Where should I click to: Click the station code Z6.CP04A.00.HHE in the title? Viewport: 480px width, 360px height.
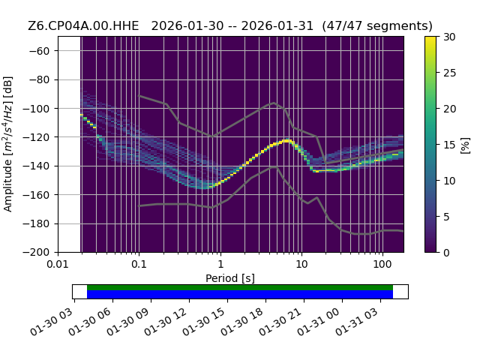[83, 26]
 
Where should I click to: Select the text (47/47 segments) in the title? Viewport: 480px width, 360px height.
[377, 26]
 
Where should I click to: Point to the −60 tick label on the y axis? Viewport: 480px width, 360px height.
[39, 51]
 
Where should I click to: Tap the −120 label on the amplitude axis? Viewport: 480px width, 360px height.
[36, 137]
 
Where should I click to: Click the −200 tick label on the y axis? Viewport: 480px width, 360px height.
[36, 253]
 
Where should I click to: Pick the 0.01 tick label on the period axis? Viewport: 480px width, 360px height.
[58, 264]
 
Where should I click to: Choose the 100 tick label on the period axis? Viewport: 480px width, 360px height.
[382, 264]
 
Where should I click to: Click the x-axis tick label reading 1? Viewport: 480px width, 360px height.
[220, 264]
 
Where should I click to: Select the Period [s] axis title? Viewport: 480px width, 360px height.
[230, 278]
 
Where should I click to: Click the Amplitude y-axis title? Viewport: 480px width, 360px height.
[7, 144]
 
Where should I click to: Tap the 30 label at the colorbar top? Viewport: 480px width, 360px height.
[449, 37]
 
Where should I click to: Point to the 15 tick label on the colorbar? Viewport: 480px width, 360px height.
[449, 145]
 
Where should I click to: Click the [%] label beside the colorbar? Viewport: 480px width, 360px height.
[465, 145]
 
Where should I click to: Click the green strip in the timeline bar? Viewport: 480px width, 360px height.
[240, 287]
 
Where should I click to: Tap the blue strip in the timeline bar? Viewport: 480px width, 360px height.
[240, 294]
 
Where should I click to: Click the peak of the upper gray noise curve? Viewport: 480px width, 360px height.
[274, 103]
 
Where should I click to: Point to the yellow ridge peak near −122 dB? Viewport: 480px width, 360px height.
[286, 141]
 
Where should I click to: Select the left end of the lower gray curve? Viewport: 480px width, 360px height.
[139, 206]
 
